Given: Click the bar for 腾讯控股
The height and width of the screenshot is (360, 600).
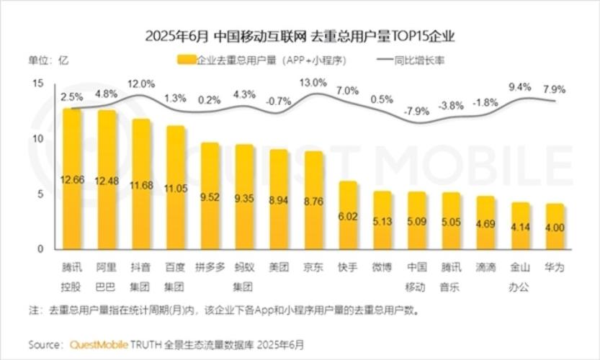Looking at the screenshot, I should coord(72,180).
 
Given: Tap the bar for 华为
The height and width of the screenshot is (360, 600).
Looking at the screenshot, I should coord(554,227).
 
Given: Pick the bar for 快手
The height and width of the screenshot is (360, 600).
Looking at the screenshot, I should coord(349,215).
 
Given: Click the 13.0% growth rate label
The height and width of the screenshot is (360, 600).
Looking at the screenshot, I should coord(313,83).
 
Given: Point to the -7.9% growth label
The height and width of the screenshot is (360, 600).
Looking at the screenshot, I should coord(416,111).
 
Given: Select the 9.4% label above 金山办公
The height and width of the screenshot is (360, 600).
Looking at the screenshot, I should coord(519,86).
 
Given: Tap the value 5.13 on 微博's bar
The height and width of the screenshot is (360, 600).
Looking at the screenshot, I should coord(382,222).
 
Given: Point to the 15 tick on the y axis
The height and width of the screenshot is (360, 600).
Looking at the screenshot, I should coord(39,84).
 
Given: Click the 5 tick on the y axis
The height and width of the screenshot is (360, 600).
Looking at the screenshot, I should coord(41,194).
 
